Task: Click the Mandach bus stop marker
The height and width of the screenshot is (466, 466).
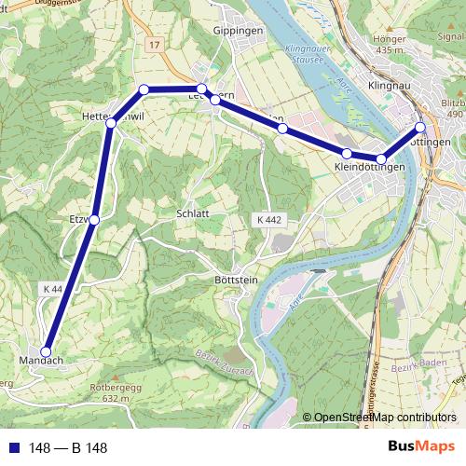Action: click(46, 351)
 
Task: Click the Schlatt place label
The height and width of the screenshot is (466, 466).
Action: click(192, 212)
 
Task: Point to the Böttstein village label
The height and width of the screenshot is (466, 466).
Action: click(234, 280)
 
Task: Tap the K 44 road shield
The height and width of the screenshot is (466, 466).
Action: click(52, 290)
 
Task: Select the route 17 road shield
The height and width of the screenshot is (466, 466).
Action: click(154, 44)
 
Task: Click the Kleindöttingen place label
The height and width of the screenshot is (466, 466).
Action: click(369, 167)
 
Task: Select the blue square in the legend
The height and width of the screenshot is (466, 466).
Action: click(12, 448)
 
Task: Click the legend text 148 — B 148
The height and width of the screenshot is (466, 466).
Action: click(68, 448)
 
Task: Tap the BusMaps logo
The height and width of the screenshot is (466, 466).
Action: click(420, 446)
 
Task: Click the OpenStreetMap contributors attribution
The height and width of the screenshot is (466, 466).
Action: click(379, 418)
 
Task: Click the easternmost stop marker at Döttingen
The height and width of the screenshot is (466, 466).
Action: click(420, 127)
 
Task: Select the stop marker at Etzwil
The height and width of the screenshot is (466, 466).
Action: click(93, 219)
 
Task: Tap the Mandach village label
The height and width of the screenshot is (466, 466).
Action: click(40, 360)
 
